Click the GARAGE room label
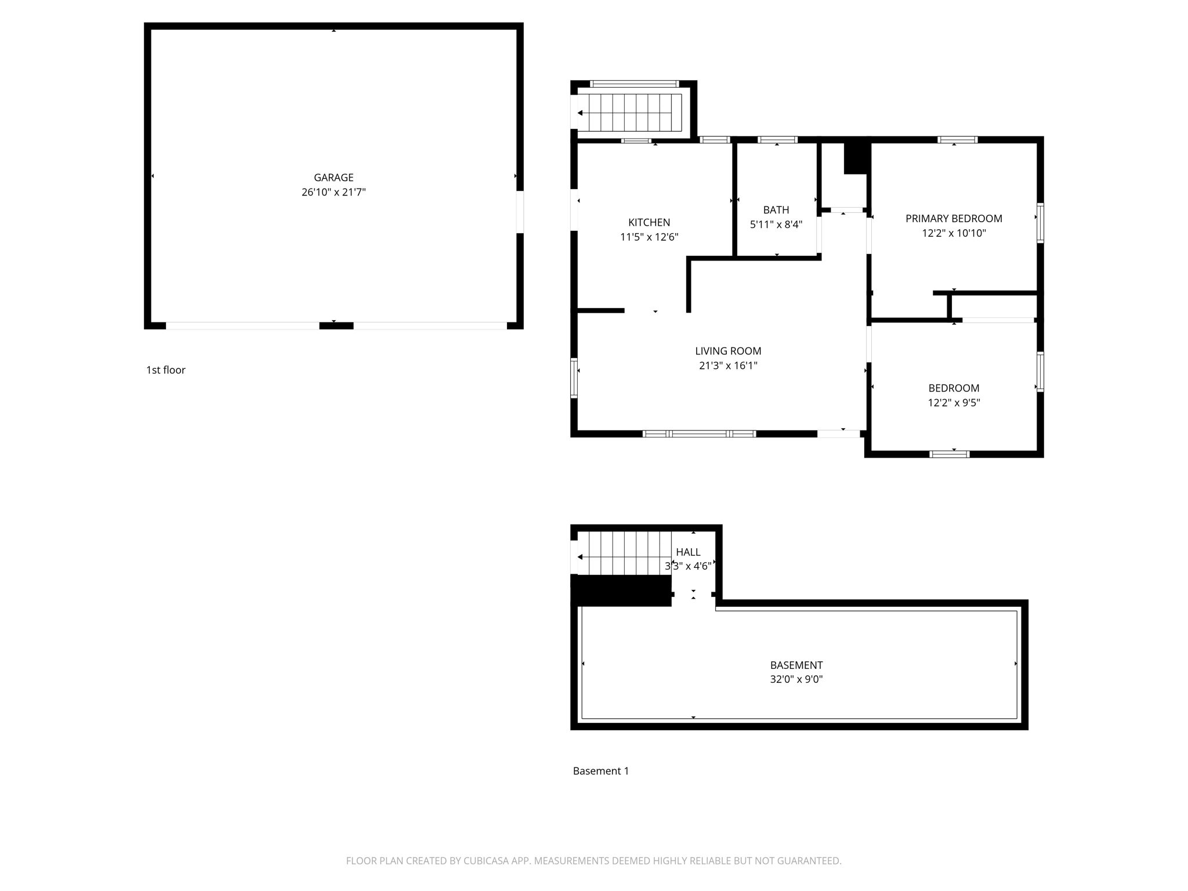[x=334, y=178]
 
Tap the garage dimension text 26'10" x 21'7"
[x=334, y=192]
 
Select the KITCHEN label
[x=649, y=222]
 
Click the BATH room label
[x=776, y=210]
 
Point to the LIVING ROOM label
[x=728, y=351]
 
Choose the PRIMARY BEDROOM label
[x=954, y=219]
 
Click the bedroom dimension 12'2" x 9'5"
[x=954, y=403]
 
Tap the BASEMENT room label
[x=796, y=665]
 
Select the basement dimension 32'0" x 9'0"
[x=796, y=679]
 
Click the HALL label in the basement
[x=688, y=552]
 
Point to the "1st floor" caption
[x=166, y=370]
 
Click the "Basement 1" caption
[x=601, y=771]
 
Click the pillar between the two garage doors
[x=336, y=326]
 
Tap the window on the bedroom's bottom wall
[x=950, y=454]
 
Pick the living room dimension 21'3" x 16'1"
[x=728, y=365]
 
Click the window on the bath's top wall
[x=777, y=140]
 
